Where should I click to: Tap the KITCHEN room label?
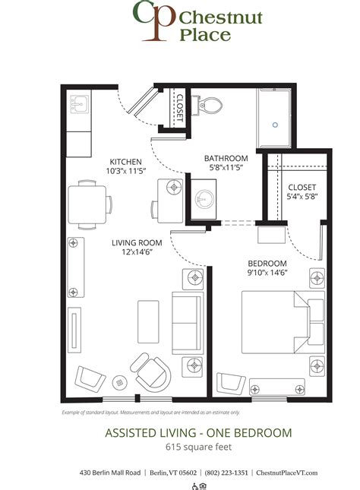coord(126,161)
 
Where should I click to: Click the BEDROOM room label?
coord(266,264)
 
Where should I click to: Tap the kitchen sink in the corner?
coord(79,103)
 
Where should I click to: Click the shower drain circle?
coord(276,122)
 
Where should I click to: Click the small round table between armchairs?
coord(119,381)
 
